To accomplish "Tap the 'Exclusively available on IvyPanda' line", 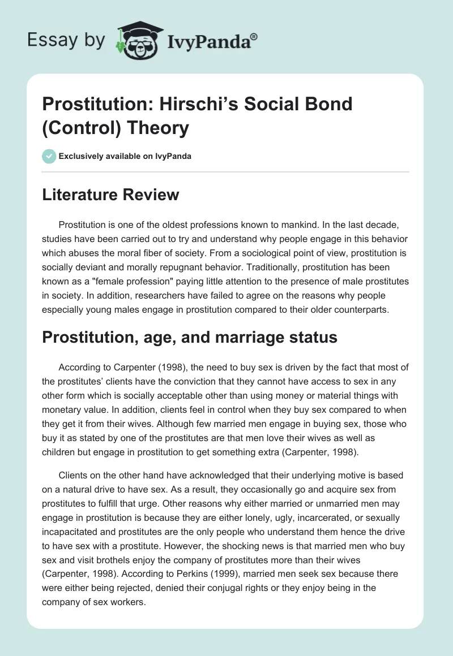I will pos(125,156).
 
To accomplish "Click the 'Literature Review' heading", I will pos(111,195).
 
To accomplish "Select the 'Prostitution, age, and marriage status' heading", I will pos(190,337).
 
